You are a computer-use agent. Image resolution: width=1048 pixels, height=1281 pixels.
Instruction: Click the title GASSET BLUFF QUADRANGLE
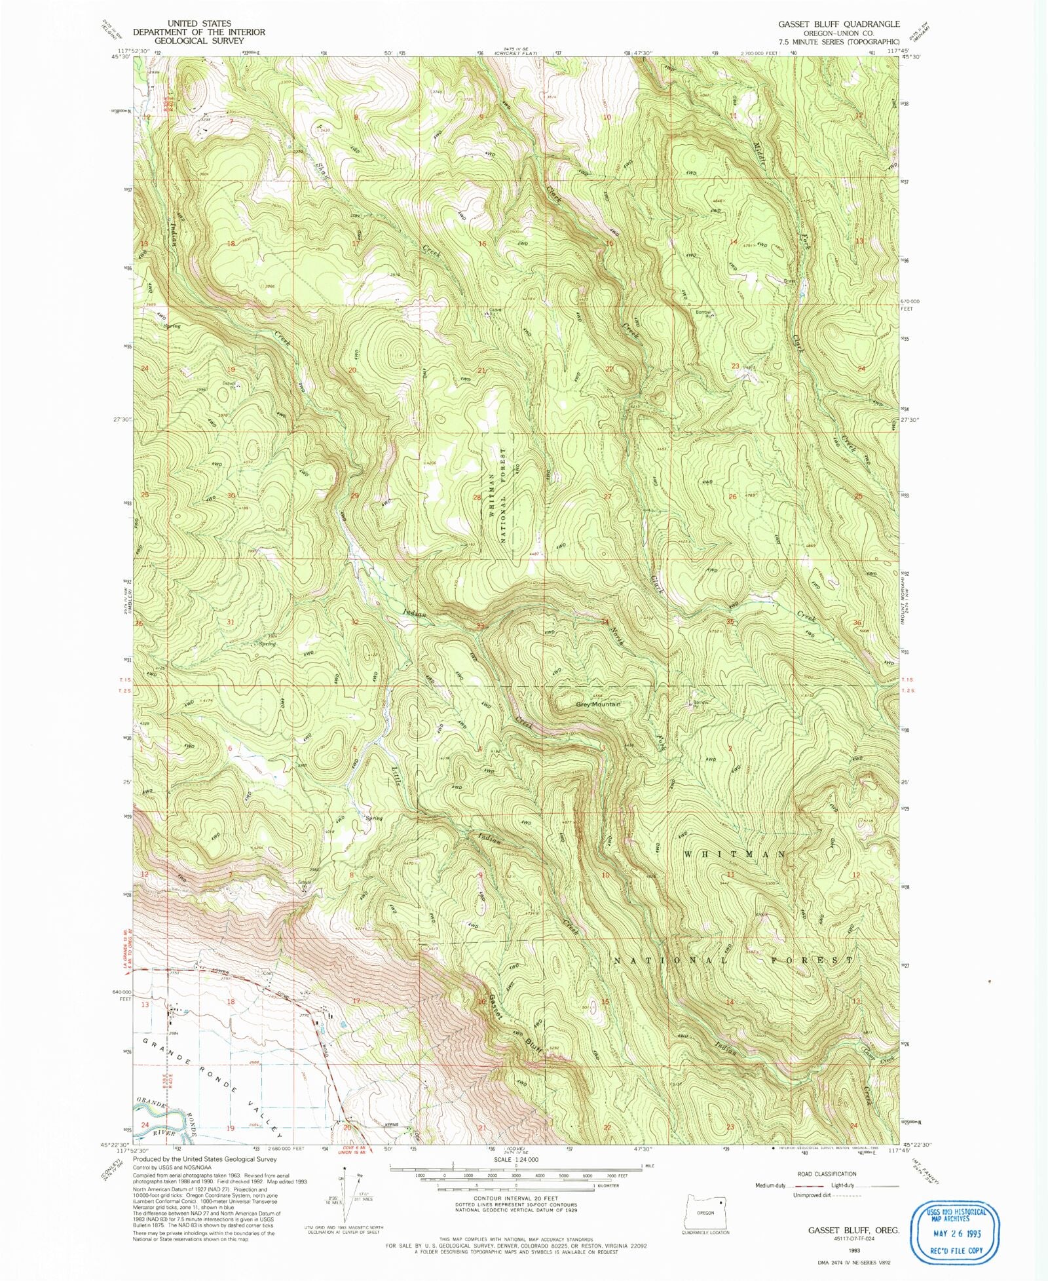[x=838, y=24]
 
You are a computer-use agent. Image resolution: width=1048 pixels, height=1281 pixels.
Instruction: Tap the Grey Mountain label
[x=597, y=704]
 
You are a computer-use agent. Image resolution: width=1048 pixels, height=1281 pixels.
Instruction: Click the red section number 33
[x=481, y=626]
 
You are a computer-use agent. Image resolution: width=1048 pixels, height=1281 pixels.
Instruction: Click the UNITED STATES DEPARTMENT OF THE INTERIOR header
[x=199, y=31]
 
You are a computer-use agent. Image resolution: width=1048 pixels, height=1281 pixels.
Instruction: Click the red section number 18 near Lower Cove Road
[x=231, y=1002]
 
